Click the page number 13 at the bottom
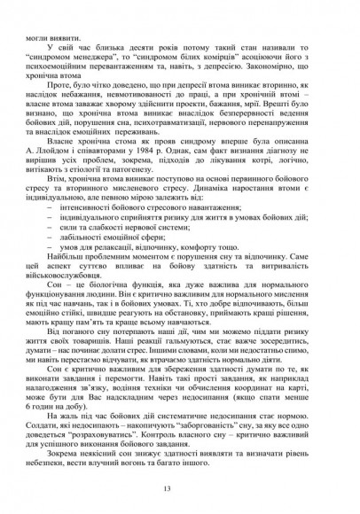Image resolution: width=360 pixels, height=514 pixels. [x=180, y=487]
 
